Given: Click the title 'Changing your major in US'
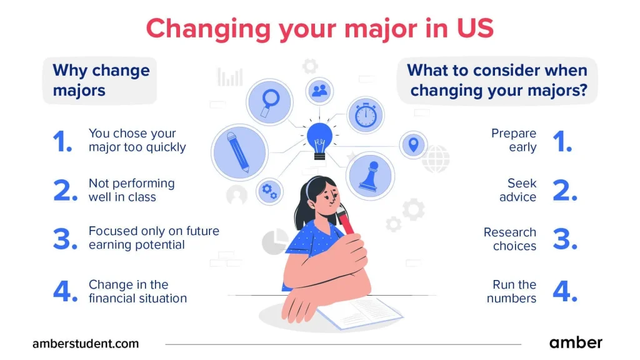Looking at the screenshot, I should click(x=319, y=29).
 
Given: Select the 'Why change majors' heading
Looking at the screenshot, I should click(x=100, y=80).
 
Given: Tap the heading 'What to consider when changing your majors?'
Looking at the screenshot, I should click(x=497, y=80).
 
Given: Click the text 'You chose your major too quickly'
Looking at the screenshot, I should click(x=137, y=141).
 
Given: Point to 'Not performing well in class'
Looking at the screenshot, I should click(x=131, y=190).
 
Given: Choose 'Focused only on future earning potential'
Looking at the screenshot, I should click(x=153, y=237).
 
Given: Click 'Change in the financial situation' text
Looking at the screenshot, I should click(x=137, y=291).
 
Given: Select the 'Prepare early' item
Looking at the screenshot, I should click(x=514, y=141).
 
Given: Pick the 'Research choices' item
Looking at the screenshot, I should click(x=510, y=239).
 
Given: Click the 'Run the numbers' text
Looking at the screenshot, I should click(x=511, y=291).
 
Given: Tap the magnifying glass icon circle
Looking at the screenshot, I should click(x=269, y=102).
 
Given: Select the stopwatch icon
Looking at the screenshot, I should click(x=366, y=115).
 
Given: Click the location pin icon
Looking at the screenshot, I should click(x=412, y=145).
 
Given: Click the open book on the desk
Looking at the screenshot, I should click(x=357, y=312).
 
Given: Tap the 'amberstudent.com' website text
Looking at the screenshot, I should click(x=86, y=343).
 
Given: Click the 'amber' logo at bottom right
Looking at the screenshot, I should click(x=576, y=342).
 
